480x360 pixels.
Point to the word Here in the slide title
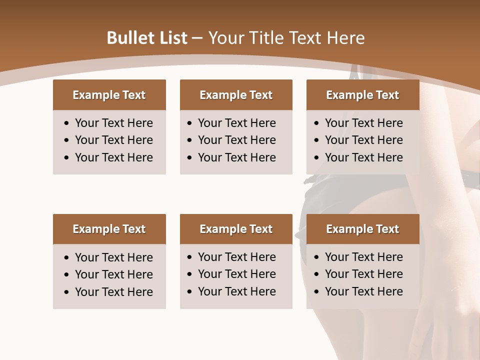tap(345, 38)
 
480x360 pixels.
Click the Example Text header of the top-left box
tap(109, 95)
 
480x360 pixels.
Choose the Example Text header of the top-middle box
tap(236, 95)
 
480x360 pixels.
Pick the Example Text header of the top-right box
tap(362, 95)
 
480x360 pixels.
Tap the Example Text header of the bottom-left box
tap(109, 229)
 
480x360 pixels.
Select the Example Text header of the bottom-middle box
tap(236, 229)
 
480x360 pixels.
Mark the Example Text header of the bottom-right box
tap(362, 229)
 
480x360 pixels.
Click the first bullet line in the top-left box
tap(113, 123)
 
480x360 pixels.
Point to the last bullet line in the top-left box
tap(113, 157)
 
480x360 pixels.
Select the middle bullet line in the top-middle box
tap(236, 140)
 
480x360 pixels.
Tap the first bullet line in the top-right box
tap(363, 123)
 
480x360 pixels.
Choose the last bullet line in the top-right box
tap(363, 157)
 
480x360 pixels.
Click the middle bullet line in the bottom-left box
tap(113, 274)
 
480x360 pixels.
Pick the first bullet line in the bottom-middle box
tap(236, 257)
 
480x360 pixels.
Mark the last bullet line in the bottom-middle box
tap(236, 291)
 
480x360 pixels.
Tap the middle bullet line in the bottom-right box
tap(363, 274)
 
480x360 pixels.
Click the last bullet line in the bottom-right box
tap(363, 291)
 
